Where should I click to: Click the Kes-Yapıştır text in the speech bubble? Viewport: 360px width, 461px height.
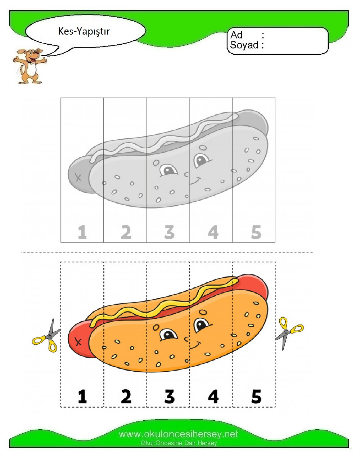click(x=84, y=32)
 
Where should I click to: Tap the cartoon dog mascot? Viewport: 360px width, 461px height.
click(x=30, y=66)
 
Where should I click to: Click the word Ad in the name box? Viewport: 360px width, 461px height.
click(x=236, y=35)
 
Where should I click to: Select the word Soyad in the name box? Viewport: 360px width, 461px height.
click(x=244, y=45)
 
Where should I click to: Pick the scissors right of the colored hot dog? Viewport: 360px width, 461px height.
click(x=289, y=333)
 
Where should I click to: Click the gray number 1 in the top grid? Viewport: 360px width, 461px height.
click(x=82, y=232)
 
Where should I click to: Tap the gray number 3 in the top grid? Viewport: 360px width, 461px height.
click(x=170, y=232)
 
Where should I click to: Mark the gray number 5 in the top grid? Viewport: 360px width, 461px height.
click(x=256, y=232)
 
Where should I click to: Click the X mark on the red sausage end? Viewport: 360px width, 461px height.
click(x=78, y=342)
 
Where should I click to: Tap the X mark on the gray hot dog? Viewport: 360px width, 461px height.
click(x=78, y=177)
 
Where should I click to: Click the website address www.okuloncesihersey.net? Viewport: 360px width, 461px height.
click(x=179, y=434)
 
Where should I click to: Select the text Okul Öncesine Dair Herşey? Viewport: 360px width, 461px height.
click(x=179, y=443)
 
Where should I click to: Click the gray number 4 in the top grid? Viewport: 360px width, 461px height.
click(x=213, y=232)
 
